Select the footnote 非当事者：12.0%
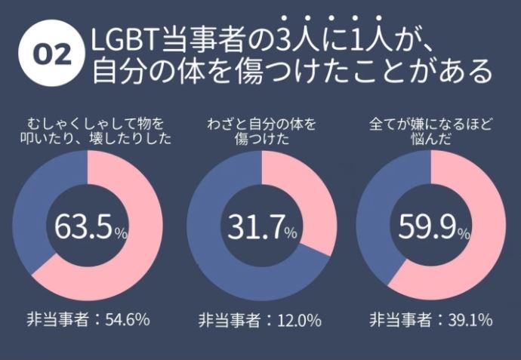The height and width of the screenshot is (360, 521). (260, 319)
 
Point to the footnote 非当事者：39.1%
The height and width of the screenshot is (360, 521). (431, 319)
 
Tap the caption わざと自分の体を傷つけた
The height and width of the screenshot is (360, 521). (260, 129)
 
